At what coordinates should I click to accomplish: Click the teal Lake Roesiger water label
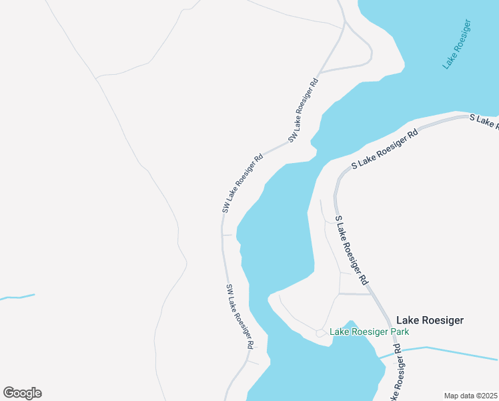457,45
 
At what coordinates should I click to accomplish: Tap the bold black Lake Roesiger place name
430,321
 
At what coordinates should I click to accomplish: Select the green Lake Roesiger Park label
369,331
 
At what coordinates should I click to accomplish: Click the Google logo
22,393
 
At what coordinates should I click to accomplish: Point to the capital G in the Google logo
9,392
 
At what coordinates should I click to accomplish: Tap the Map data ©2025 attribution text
470,395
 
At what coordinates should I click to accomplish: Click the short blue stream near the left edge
17,297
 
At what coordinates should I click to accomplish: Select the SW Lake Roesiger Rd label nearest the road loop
304,110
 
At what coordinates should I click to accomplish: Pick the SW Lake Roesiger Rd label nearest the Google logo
240,316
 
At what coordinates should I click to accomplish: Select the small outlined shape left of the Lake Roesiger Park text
321,332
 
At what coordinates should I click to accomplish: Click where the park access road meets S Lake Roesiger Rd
371,294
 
